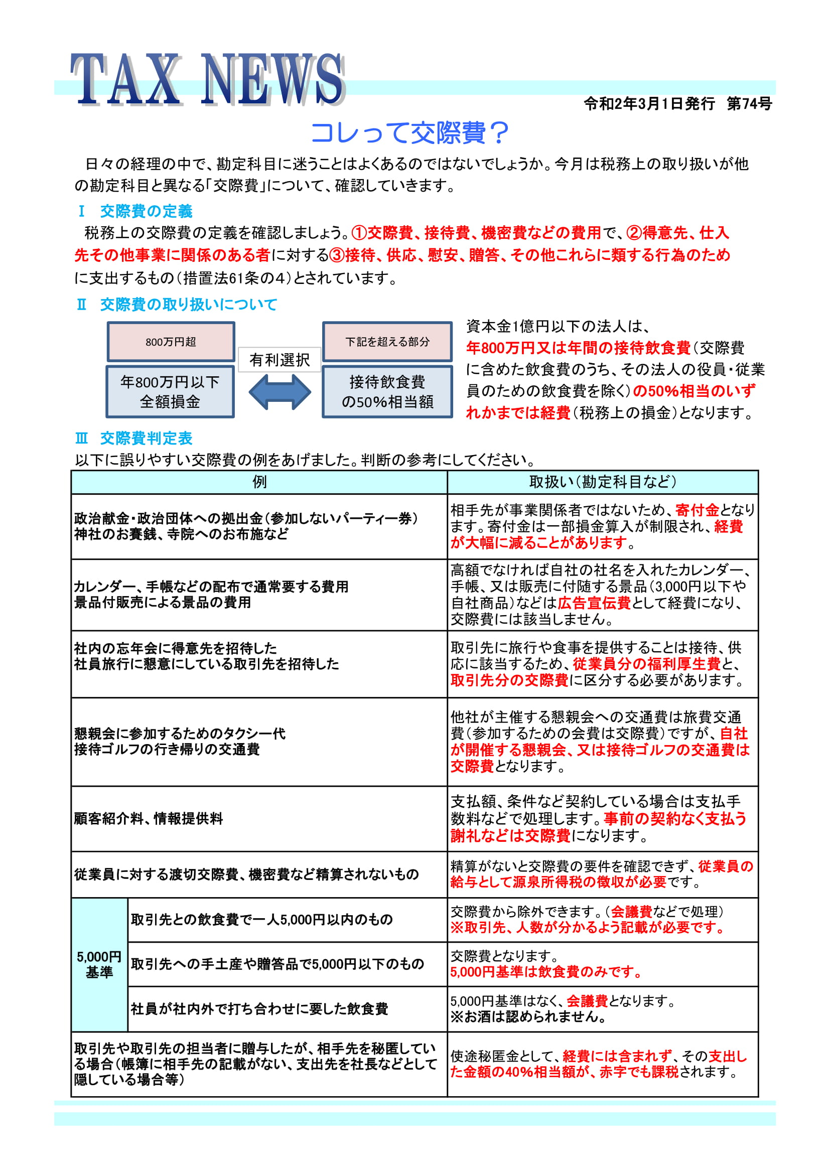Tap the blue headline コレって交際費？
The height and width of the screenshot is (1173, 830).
(409, 133)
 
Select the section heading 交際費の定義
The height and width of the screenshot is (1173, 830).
(146, 211)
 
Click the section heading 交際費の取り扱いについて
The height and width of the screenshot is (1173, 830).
(188, 305)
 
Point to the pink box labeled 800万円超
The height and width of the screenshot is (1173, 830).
(171, 342)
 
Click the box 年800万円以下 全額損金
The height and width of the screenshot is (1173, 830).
(170, 391)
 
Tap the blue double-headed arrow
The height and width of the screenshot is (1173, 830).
(280, 392)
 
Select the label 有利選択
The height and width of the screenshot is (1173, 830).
(280, 360)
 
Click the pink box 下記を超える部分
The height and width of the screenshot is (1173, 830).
(387, 342)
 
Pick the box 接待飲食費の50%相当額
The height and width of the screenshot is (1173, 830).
(387, 391)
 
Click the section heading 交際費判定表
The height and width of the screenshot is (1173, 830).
(146, 438)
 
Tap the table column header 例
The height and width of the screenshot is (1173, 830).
(259, 482)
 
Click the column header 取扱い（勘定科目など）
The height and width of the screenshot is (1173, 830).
(602, 482)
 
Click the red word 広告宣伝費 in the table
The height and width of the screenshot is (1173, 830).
(594, 603)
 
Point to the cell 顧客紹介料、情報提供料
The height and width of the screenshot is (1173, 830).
(148, 818)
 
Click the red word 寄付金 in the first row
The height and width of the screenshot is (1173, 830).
(697, 510)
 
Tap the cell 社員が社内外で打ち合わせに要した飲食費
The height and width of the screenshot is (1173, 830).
(259, 1008)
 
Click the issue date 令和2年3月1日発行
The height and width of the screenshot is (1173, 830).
(649, 104)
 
